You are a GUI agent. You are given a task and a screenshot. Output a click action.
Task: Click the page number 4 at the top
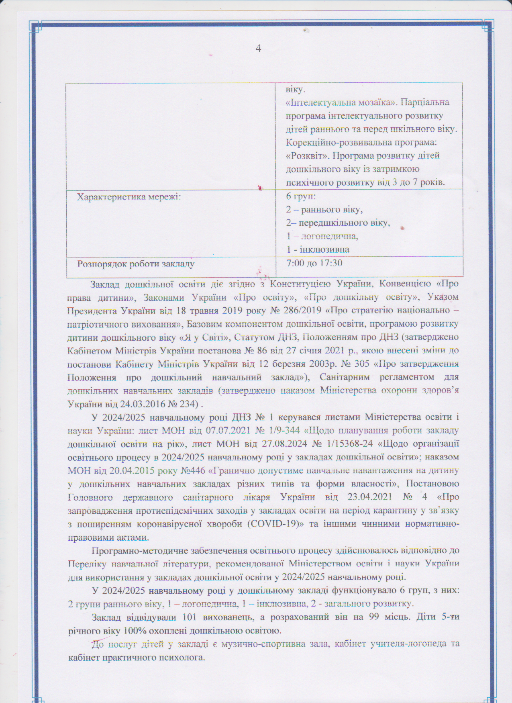click(258, 49)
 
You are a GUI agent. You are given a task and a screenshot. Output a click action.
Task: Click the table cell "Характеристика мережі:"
click(129, 197)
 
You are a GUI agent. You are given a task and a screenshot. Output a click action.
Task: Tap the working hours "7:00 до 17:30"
click(314, 263)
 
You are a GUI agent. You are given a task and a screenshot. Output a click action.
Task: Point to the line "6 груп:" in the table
click(301, 197)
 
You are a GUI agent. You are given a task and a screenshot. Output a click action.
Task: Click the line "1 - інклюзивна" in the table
click(318, 249)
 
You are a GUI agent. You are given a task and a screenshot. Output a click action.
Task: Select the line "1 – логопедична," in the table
click(322, 236)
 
